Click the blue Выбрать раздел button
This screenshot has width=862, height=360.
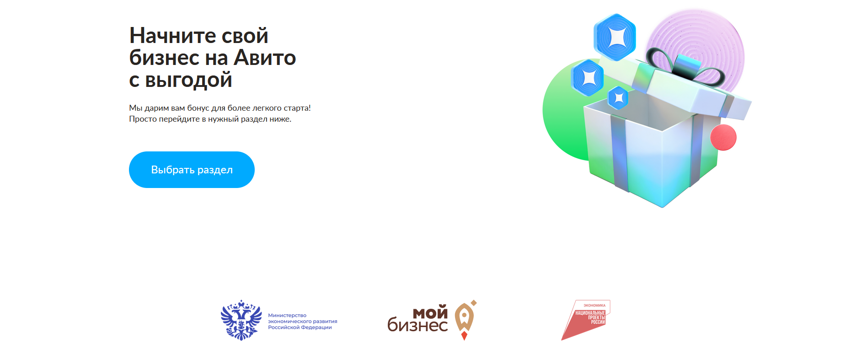pyautogui.click(x=192, y=170)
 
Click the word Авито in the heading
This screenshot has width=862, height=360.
pyautogui.click(x=265, y=58)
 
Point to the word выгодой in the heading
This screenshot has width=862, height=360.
pyautogui.click(x=188, y=81)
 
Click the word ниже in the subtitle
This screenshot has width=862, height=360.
pyautogui.click(x=280, y=119)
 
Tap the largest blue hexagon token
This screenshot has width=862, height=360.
pyautogui.click(x=615, y=37)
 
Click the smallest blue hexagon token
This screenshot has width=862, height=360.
pyautogui.click(x=618, y=97)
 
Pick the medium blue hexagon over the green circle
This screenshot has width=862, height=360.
pyautogui.click(x=588, y=78)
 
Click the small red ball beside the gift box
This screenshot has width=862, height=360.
pyautogui.click(x=723, y=137)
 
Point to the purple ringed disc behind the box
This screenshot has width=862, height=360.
pyautogui.click(x=713, y=41)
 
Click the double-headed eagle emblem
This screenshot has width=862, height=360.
pyautogui.click(x=241, y=320)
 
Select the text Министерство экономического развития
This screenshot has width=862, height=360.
pyautogui.click(x=303, y=318)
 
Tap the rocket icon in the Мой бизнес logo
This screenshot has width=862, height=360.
pyautogui.click(x=465, y=320)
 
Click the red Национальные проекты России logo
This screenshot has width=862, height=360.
pyautogui.click(x=586, y=320)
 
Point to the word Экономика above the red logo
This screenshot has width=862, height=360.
pyautogui.click(x=594, y=306)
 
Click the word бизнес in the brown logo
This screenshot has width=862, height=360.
pyautogui.click(x=418, y=325)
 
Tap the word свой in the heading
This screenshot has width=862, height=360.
pyautogui.click(x=245, y=36)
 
